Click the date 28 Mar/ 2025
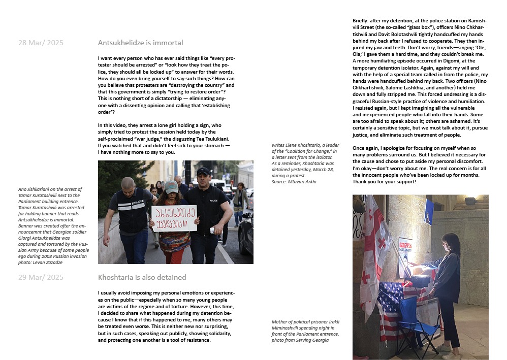pos(41,43)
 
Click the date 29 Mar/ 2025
pos(41,277)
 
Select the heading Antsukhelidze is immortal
pos(140,43)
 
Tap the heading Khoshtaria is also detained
pos(142,277)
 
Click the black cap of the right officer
pos(204,172)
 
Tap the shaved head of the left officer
pos(128,182)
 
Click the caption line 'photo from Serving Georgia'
pos(300,340)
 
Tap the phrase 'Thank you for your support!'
pos(385,181)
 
